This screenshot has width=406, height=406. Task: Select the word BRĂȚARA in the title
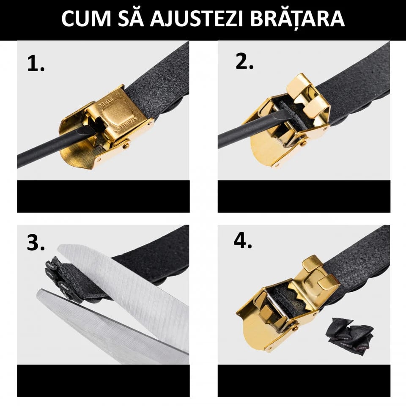[x=297, y=18]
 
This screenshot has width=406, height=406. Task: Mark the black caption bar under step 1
[x=103, y=197]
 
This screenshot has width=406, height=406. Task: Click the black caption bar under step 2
[x=304, y=197]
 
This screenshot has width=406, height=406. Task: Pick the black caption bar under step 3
[x=103, y=381]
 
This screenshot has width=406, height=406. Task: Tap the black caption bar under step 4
[x=304, y=381]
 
